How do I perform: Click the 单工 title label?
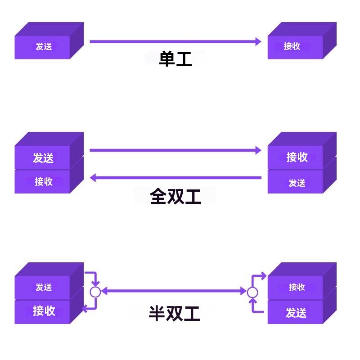(175, 59)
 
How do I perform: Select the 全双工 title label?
(175, 197)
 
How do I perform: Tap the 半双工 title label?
(175, 313)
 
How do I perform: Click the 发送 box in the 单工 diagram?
(43, 46)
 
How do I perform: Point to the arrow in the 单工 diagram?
(175, 41)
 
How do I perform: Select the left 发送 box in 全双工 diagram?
(43, 157)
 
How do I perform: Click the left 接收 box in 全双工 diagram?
(43, 182)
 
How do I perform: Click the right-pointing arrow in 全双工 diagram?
(175, 150)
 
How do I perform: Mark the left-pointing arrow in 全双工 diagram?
(175, 178)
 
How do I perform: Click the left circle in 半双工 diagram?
(95, 292)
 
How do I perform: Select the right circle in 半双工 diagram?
(252, 292)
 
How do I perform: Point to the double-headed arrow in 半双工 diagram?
(174, 292)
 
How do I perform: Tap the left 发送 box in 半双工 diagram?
(43, 287)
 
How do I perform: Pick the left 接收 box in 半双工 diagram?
(43, 311)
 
